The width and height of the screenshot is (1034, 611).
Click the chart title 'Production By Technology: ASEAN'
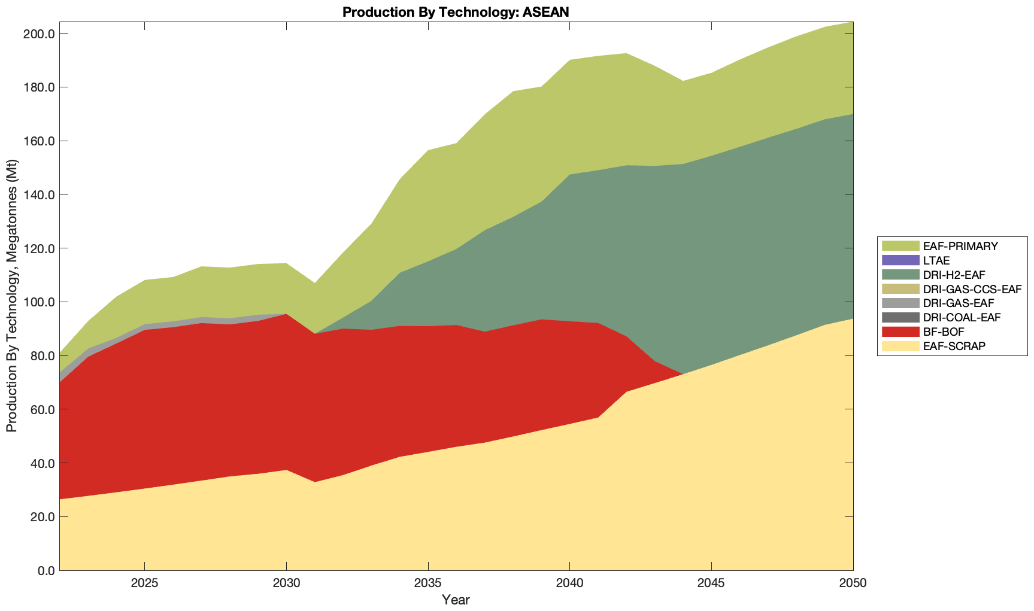[x=456, y=12]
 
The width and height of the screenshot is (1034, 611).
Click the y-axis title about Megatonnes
[x=11, y=296]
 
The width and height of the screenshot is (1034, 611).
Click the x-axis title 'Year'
[x=456, y=600]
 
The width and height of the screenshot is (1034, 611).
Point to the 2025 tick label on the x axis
[x=144, y=583]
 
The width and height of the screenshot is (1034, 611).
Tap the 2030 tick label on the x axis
[x=286, y=583]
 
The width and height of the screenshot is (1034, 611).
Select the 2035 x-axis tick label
[x=428, y=583]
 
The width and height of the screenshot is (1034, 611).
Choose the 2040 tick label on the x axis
[x=569, y=583]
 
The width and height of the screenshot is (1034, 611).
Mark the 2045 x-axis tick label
[x=711, y=583]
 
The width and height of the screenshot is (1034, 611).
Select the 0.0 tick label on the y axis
[x=45, y=571]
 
